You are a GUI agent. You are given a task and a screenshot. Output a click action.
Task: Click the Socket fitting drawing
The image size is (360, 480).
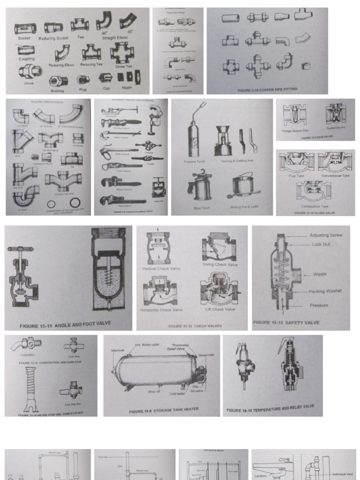click(x=24, y=29)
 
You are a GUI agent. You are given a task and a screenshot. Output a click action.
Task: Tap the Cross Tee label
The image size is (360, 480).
click(x=123, y=67)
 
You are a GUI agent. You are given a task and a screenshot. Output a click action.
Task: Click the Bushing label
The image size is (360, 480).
click(x=57, y=90)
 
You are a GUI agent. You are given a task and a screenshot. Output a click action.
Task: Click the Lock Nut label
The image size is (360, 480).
click(x=321, y=244)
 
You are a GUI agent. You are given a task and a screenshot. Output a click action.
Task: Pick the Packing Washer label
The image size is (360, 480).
click(x=325, y=291)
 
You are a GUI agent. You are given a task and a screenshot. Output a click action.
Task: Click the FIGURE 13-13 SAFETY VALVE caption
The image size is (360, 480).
click(x=286, y=322)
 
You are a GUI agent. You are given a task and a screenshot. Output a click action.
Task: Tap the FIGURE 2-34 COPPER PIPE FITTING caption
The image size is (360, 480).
click(x=267, y=89)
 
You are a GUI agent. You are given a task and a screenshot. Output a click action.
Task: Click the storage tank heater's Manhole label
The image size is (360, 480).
click(x=117, y=350)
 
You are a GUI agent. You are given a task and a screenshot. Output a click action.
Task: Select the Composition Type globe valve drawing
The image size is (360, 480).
click(x=315, y=191)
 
